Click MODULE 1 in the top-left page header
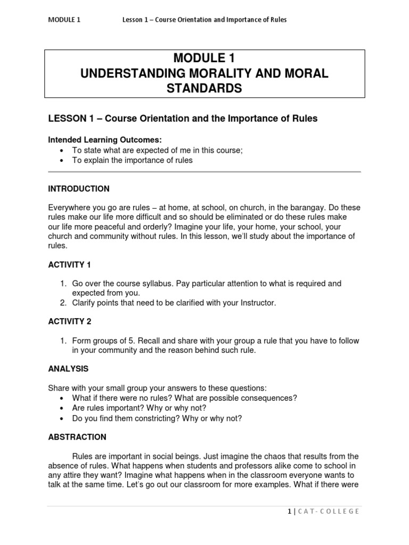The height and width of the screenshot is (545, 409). tap(64, 20)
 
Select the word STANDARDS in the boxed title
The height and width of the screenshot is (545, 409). tap(204, 88)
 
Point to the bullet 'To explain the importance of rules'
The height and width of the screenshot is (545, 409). tap(132, 160)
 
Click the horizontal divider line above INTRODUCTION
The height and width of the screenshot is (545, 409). tap(204, 172)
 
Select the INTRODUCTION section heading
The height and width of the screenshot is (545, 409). tap(79, 189)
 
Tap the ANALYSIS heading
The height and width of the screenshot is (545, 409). tap(68, 368)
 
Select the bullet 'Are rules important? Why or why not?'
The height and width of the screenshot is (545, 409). tap(138, 408)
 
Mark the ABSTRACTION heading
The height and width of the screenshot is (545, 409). tap(77, 437)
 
